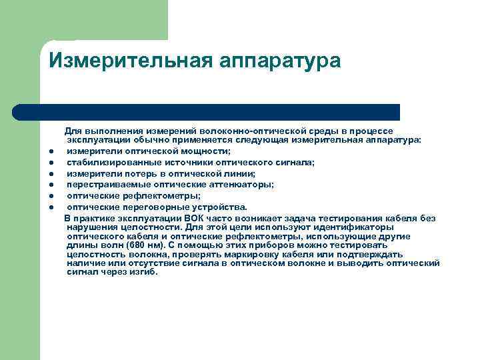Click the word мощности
[x=203, y=152]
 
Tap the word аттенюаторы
[x=227, y=185]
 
